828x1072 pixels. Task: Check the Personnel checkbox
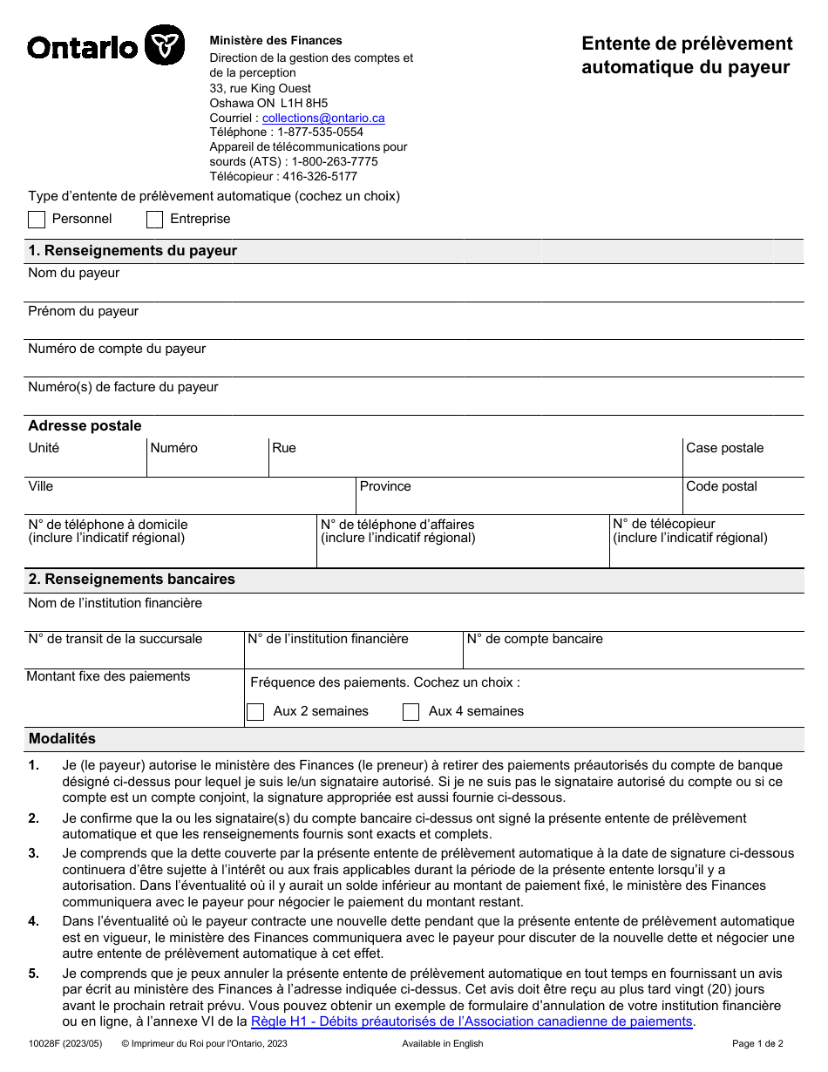click(x=37, y=220)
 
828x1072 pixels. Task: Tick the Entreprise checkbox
click(x=154, y=220)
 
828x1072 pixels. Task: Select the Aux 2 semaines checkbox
click(x=255, y=712)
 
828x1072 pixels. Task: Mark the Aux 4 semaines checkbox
click(x=411, y=712)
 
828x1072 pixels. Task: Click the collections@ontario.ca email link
click(x=323, y=118)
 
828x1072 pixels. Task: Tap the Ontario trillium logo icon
click(x=164, y=44)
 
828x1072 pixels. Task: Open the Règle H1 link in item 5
click(x=471, y=1021)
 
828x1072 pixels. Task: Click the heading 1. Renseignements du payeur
click(x=132, y=251)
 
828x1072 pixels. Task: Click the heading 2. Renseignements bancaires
click(x=132, y=580)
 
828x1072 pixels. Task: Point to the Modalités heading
click(x=62, y=738)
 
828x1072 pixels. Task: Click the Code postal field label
click(x=721, y=486)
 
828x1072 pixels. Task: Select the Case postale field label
click(x=724, y=448)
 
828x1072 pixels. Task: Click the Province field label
click(x=385, y=486)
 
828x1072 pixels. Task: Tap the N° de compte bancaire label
click(x=534, y=639)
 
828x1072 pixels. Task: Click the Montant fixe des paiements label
click(x=108, y=676)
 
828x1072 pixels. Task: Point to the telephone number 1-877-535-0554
click(x=320, y=132)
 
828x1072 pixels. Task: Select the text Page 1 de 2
click(x=757, y=1043)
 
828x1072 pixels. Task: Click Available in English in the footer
click(x=442, y=1043)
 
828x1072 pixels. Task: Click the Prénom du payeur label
click(x=83, y=311)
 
